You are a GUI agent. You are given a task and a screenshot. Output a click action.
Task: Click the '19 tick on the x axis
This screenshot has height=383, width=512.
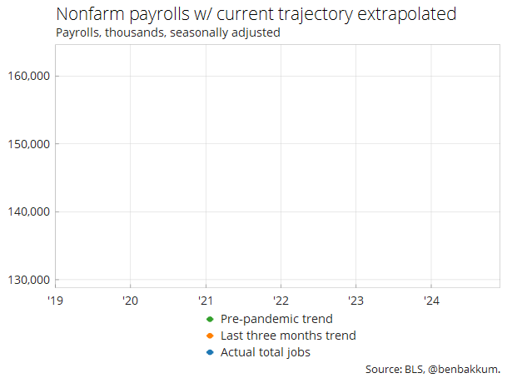[55, 300]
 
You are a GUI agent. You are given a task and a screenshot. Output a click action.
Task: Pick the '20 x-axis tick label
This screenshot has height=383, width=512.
[130, 300]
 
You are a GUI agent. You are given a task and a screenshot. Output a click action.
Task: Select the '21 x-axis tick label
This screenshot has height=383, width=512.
[206, 300]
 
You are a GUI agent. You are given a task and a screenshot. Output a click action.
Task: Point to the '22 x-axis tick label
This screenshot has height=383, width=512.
[281, 300]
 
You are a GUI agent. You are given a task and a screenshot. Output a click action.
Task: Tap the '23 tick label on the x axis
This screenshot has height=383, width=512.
[355, 300]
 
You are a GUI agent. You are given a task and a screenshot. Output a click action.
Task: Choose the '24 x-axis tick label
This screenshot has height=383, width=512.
[431, 300]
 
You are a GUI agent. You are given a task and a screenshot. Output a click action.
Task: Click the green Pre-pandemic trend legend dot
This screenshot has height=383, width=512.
[211, 320]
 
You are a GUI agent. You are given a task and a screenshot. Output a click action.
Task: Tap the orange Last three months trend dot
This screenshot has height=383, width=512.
[211, 336]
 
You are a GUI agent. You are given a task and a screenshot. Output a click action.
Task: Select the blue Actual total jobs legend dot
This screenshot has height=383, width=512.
[211, 353]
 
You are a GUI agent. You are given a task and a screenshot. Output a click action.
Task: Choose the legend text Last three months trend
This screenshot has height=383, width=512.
[288, 336]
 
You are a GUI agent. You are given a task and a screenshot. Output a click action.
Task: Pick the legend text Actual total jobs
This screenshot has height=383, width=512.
[266, 353]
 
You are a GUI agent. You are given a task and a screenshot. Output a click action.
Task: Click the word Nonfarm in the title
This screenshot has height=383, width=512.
[88, 16]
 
